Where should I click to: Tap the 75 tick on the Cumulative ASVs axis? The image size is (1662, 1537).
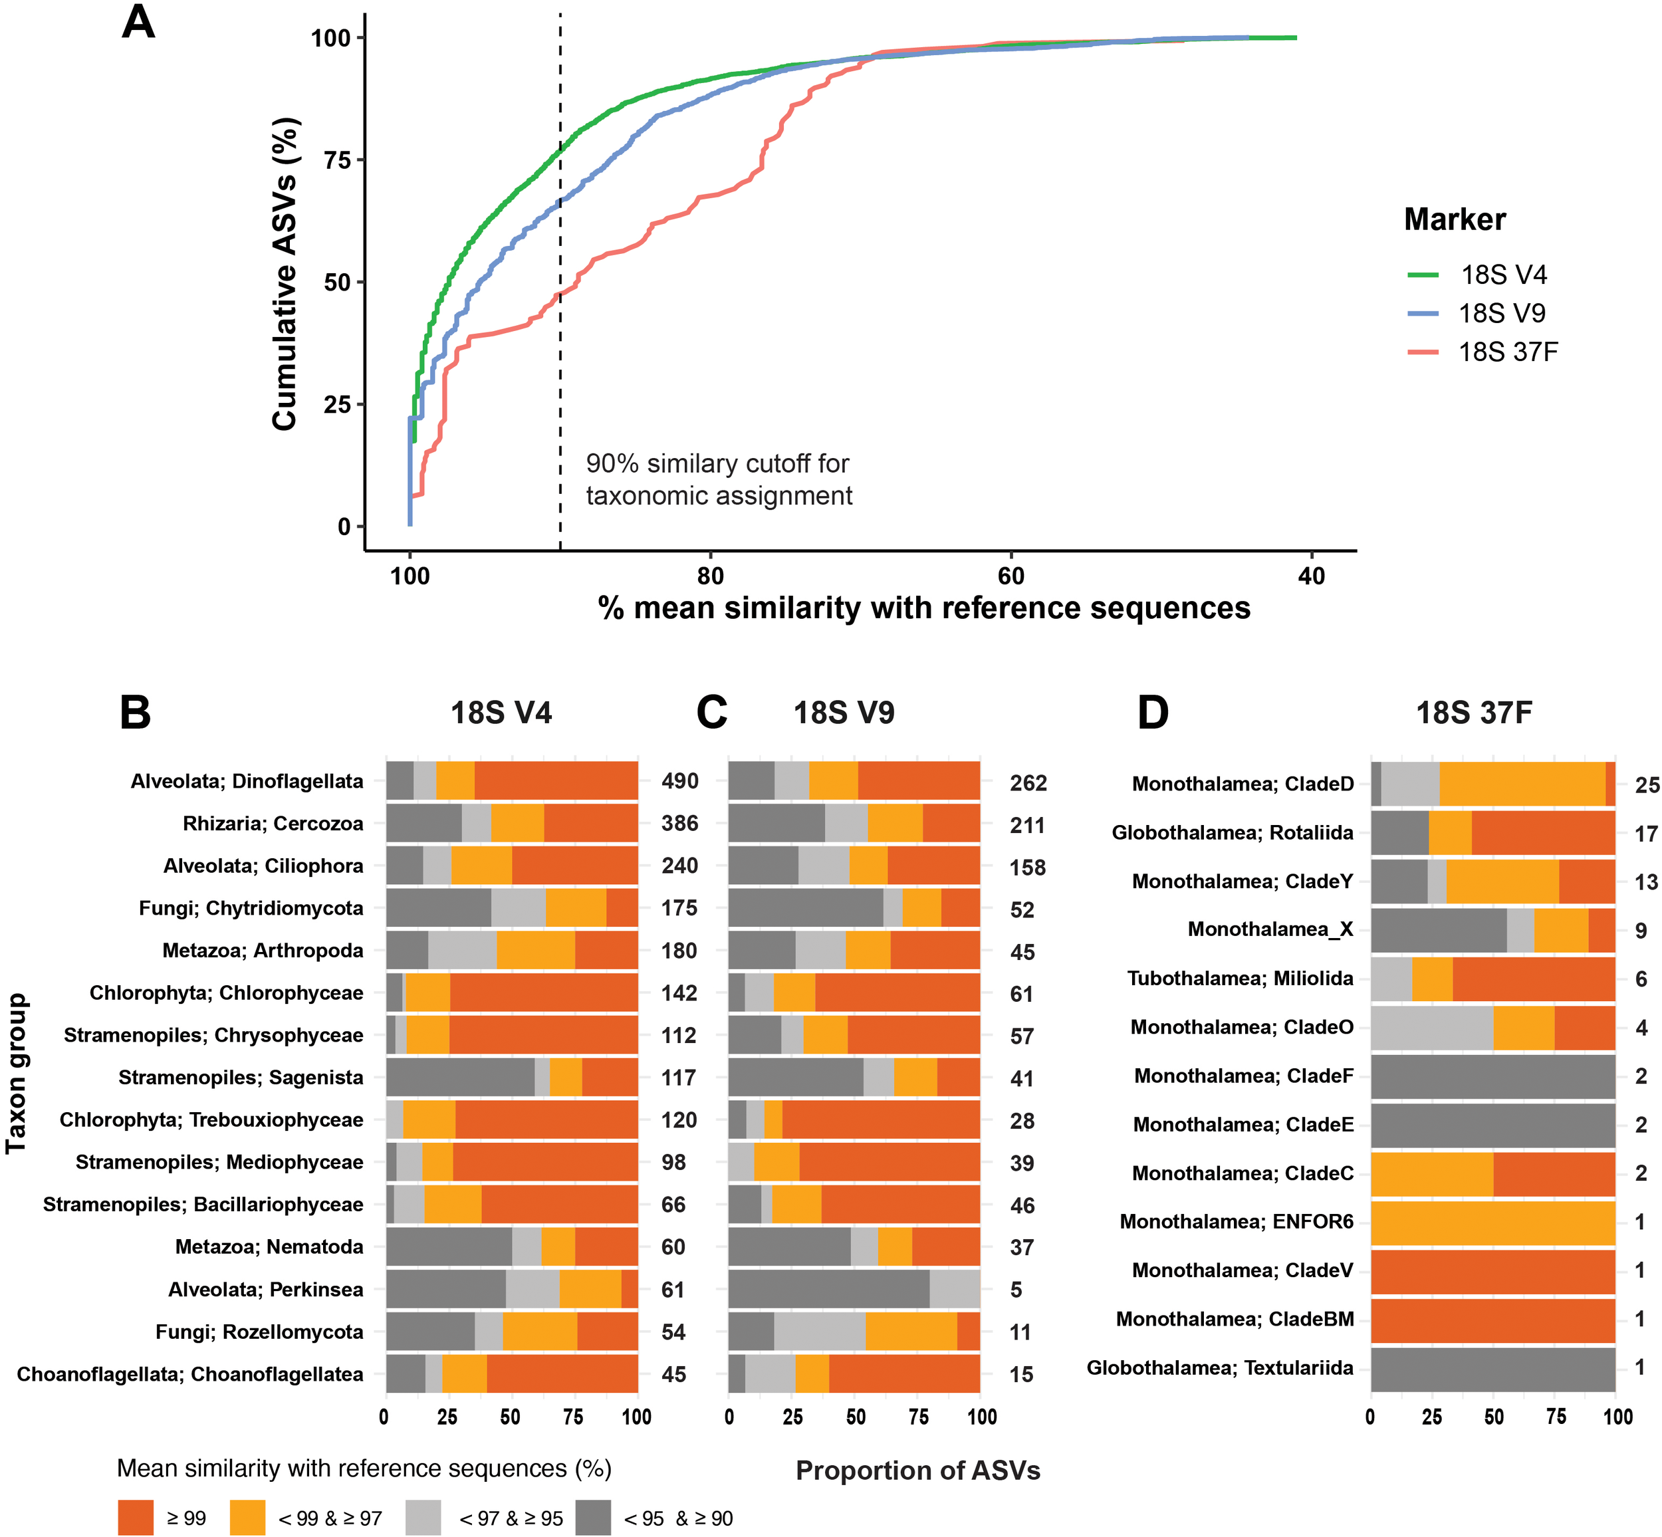[x=337, y=160]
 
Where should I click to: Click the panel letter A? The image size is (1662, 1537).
[x=138, y=23]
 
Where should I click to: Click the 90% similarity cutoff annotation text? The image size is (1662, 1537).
[x=719, y=479]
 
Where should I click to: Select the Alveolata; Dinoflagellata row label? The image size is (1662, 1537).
[x=247, y=781]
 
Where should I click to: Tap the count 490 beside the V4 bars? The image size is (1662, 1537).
[x=679, y=781]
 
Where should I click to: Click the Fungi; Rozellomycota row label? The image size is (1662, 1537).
[x=259, y=1332]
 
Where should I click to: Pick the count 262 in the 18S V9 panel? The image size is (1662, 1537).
[x=1028, y=782]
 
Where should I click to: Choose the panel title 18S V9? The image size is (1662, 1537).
[x=844, y=713]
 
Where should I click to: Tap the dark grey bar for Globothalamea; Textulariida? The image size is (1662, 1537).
[x=1492, y=1368]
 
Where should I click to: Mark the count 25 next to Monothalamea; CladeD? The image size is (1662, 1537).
[x=1647, y=784]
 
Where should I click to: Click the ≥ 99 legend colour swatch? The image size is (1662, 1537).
[x=136, y=1518]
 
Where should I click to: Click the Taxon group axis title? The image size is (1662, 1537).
[x=16, y=1073]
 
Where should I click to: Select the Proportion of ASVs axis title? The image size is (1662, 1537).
[x=917, y=1471]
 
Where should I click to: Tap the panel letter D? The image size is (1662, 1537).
[x=1153, y=713]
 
